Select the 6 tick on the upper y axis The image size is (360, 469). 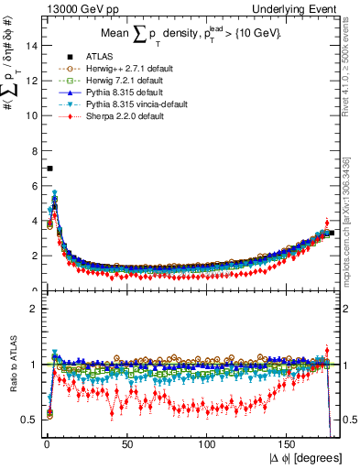[x=32, y=186]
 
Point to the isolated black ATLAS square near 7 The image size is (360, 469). [x=49, y=169]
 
